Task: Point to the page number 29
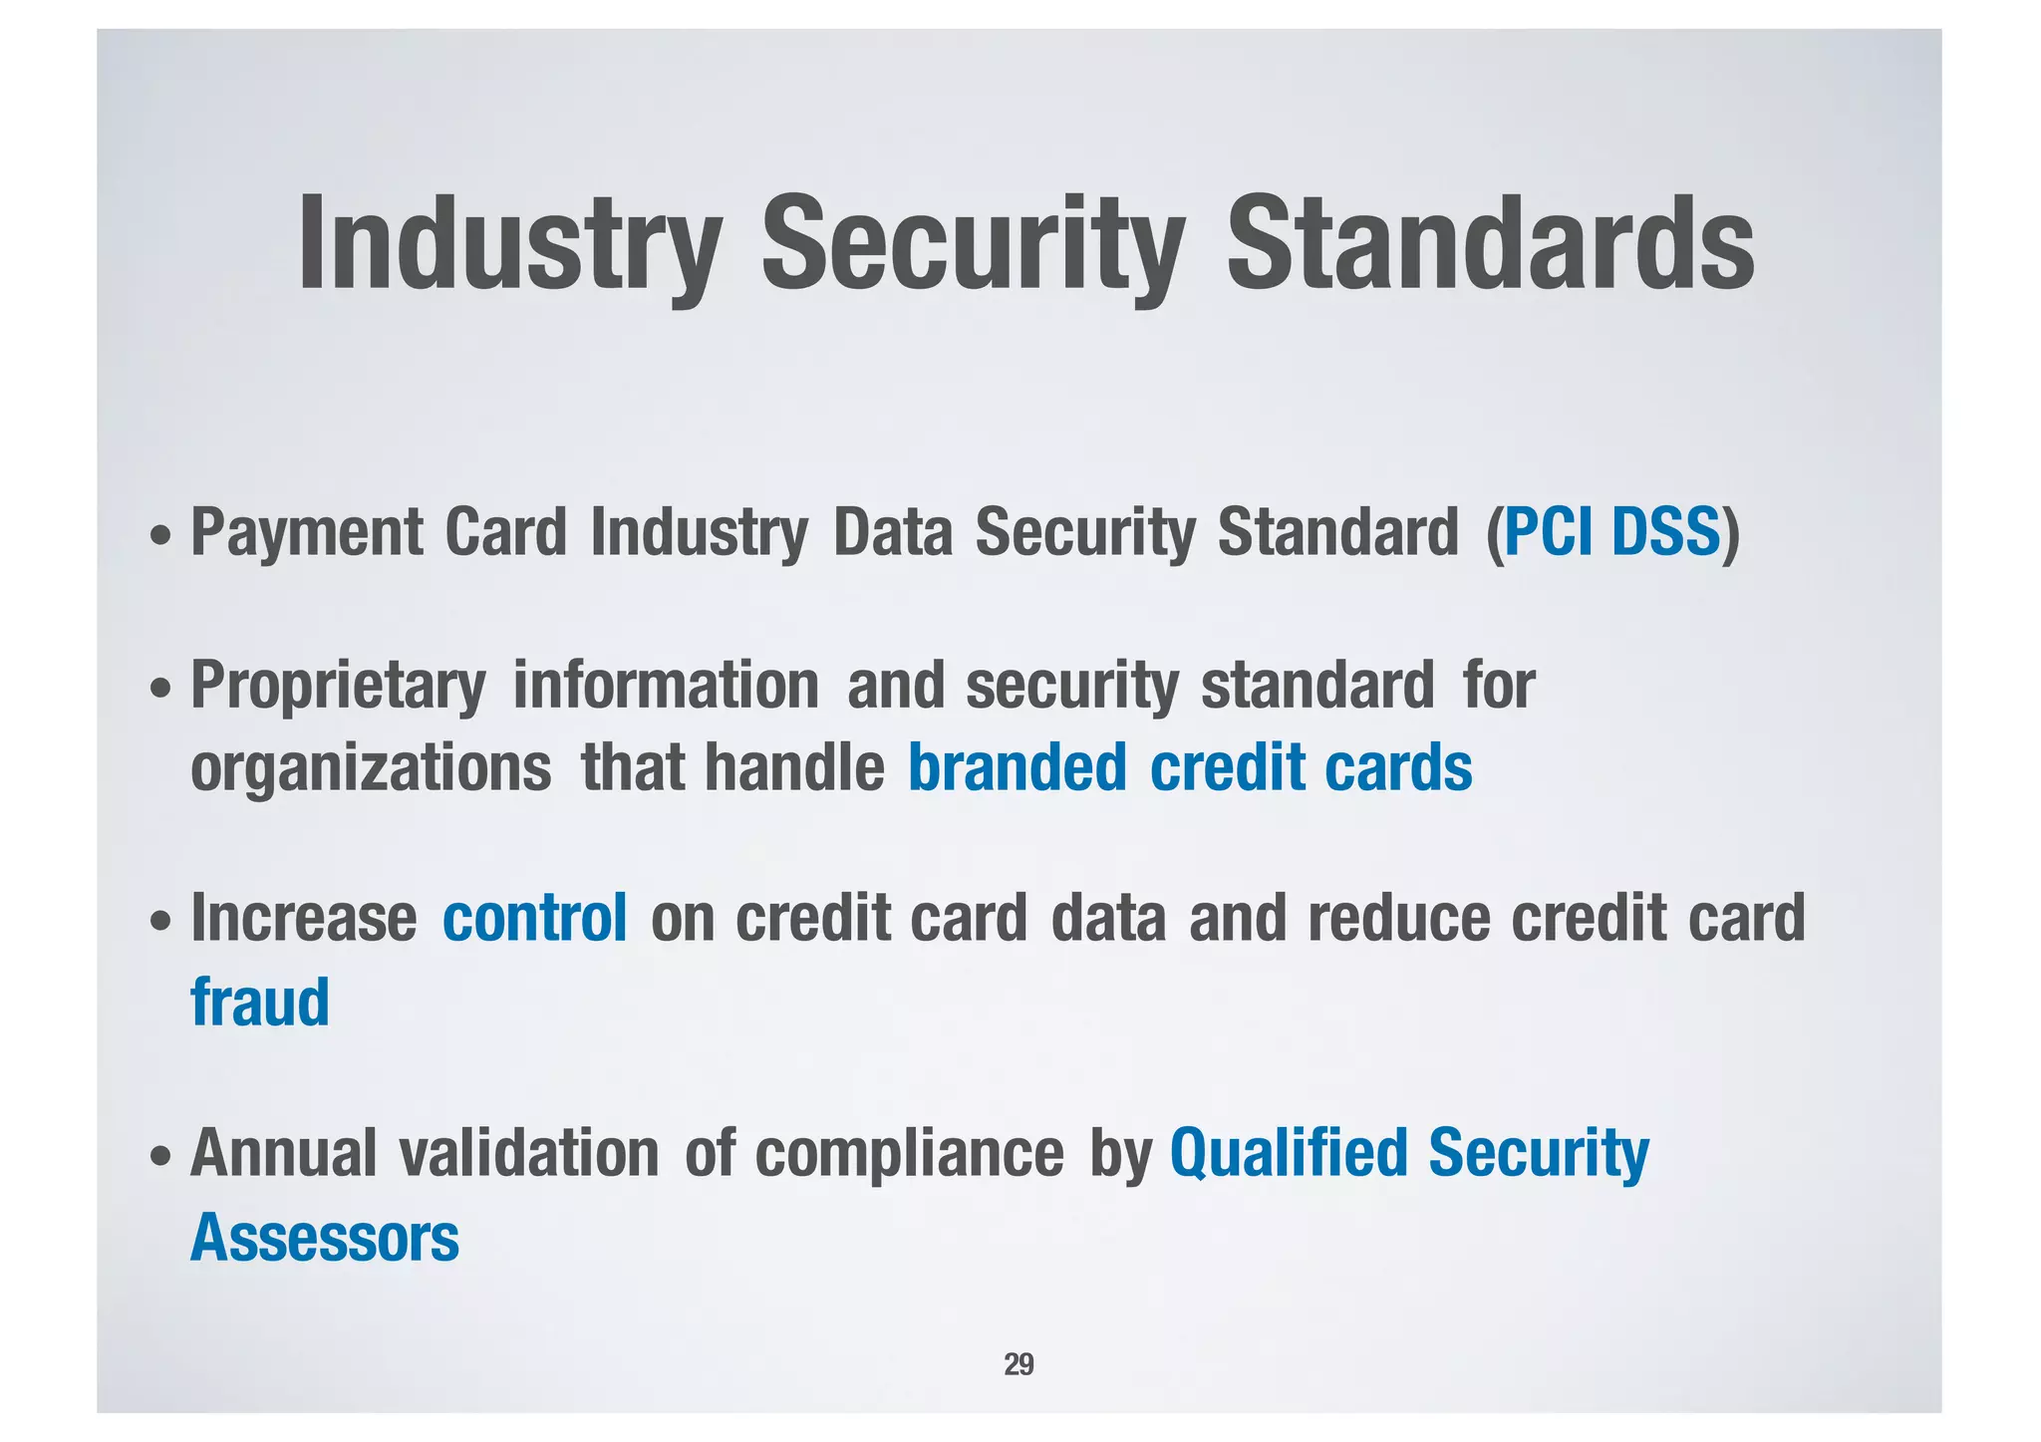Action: click(1019, 1364)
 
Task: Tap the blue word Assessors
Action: click(324, 1238)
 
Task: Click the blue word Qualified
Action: click(1287, 1154)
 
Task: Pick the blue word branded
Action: click(1017, 767)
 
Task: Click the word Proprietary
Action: click(338, 686)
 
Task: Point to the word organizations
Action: click(371, 767)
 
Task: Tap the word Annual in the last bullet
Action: click(283, 1153)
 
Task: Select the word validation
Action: click(529, 1153)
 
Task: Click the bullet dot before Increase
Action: click(159, 923)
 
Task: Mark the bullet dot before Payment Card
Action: click(159, 537)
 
